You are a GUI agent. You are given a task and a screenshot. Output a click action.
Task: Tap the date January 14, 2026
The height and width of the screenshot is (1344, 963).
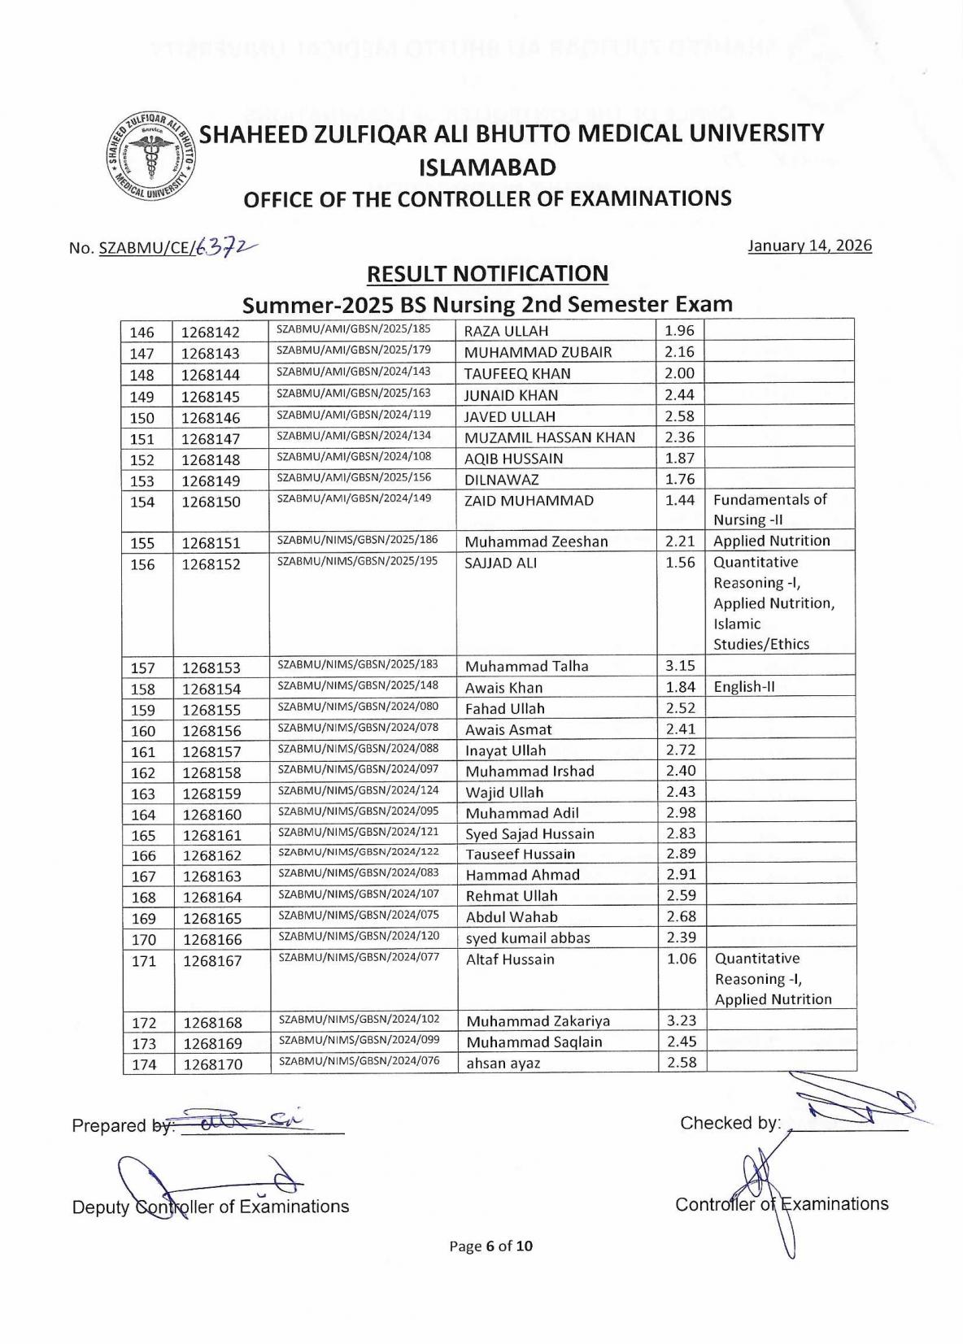click(809, 246)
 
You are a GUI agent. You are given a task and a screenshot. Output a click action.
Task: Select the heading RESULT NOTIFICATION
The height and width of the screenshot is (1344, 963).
click(487, 274)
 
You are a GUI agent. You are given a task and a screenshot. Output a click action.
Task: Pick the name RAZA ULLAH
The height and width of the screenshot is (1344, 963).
click(506, 331)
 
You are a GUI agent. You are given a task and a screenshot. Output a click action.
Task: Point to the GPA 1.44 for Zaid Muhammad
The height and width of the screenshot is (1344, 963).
click(680, 500)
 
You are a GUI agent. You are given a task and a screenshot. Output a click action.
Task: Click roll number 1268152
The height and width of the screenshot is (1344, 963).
click(211, 563)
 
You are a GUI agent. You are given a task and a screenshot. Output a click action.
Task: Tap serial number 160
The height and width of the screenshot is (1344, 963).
click(143, 731)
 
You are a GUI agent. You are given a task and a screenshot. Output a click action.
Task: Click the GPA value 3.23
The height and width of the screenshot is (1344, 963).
click(682, 1020)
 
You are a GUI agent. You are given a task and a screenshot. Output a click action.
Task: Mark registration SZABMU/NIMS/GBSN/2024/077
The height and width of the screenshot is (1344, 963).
click(359, 957)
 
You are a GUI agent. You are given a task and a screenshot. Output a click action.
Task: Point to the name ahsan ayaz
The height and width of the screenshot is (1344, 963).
click(503, 1063)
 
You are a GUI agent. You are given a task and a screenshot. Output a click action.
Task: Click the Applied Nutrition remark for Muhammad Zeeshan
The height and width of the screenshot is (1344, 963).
click(771, 542)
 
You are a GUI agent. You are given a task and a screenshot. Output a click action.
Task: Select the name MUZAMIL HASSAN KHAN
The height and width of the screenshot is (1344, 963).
click(549, 437)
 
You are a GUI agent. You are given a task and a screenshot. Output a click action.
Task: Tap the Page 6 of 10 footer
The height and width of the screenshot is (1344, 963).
click(491, 1246)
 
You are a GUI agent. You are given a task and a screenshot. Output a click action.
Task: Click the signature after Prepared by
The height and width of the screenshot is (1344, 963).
click(244, 1121)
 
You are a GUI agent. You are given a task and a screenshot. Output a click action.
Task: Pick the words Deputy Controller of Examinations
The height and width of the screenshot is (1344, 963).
click(211, 1207)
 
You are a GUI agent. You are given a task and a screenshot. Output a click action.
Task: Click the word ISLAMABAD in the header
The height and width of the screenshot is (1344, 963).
click(487, 167)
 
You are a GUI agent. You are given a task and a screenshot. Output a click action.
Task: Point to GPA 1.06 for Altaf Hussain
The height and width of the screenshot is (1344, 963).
click(682, 959)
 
